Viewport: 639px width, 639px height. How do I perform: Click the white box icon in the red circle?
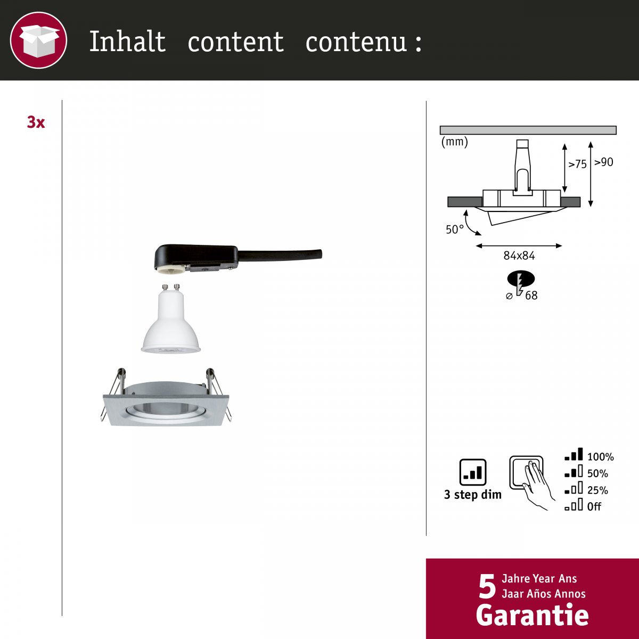[39, 41]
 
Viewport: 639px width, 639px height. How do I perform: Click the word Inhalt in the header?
[127, 42]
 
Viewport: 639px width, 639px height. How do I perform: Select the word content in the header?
[236, 42]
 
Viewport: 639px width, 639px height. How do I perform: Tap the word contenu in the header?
[356, 42]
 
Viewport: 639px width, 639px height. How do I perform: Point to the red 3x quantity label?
[36, 122]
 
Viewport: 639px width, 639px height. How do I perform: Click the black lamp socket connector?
[238, 258]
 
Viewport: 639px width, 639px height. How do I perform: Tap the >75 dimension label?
[577, 164]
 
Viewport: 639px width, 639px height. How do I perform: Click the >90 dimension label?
[603, 162]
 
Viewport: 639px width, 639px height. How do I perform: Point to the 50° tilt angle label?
[455, 230]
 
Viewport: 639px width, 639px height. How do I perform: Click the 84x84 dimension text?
[519, 256]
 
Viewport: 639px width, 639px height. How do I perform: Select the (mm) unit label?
[454, 142]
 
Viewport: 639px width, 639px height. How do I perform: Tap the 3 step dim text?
[472, 495]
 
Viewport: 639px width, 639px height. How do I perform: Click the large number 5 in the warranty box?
[487, 587]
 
